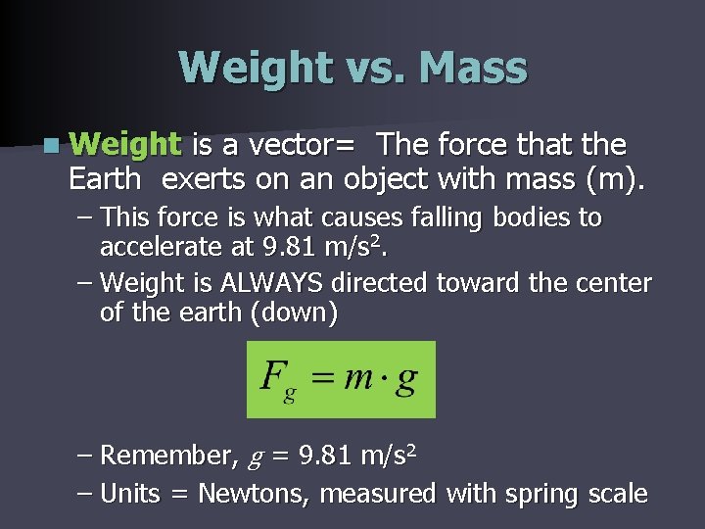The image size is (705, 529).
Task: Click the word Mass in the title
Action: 472,68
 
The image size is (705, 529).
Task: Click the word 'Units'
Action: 130,493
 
